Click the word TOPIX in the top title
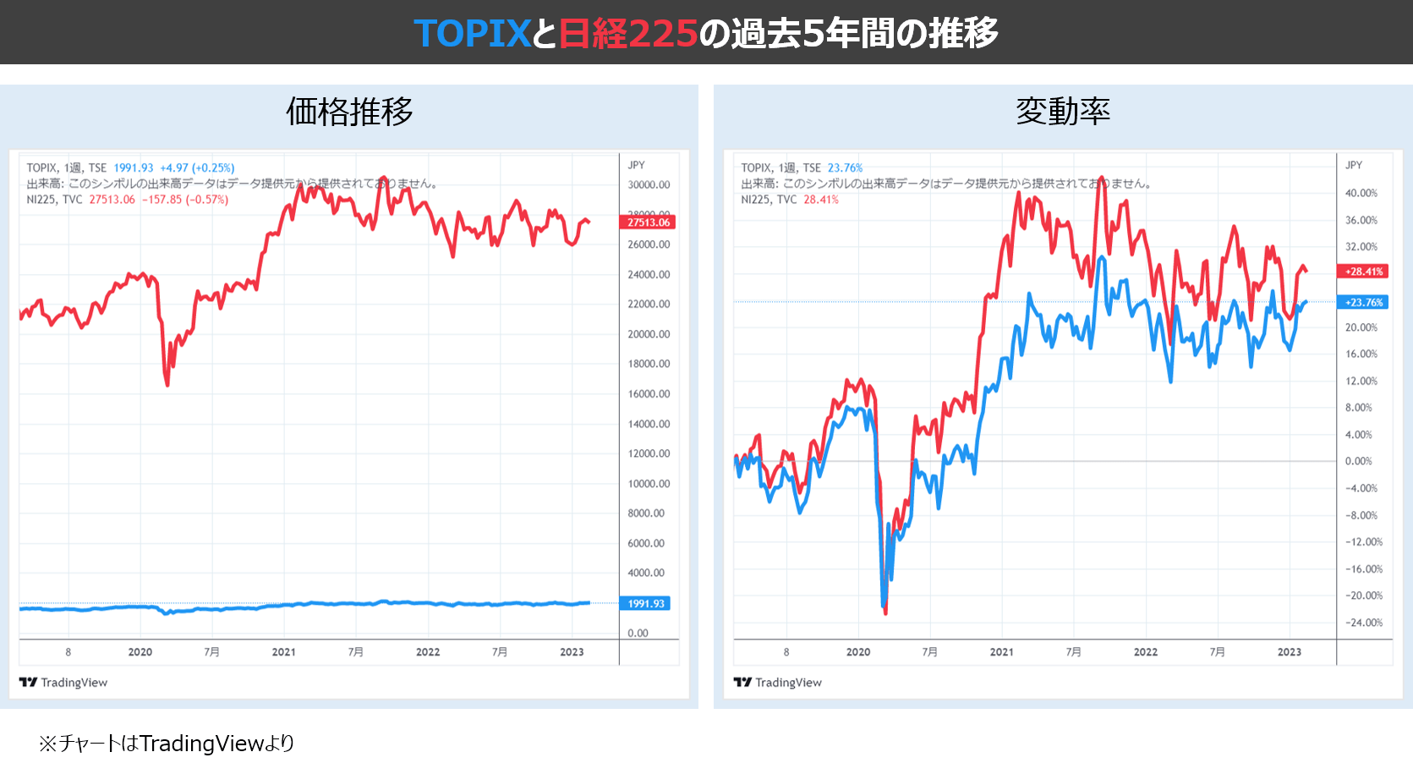pyautogui.click(x=472, y=34)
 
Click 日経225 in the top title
pyautogui.click(x=627, y=34)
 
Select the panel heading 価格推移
pyautogui.click(x=349, y=112)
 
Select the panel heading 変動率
pyautogui.click(x=1063, y=112)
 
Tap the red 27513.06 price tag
pyautogui.click(x=648, y=222)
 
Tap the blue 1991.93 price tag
pyautogui.click(x=646, y=603)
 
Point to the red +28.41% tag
pyautogui.click(x=1363, y=272)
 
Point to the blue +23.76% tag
pyautogui.click(x=1363, y=302)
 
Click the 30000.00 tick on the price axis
pyautogui.click(x=649, y=185)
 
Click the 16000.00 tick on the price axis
pyautogui.click(x=649, y=394)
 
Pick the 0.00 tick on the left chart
pyautogui.click(x=638, y=633)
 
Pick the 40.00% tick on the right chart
pyautogui.click(x=1361, y=193)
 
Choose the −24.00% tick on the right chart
pyautogui.click(x=1363, y=623)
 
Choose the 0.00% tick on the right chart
pyautogui.click(x=1359, y=461)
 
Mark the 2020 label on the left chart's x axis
pyautogui.click(x=140, y=652)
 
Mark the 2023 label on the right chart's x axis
pyautogui.click(x=1289, y=652)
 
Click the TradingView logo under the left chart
pyautogui.click(x=63, y=683)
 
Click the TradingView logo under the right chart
pyautogui.click(x=778, y=683)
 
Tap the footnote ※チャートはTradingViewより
pyautogui.click(x=167, y=744)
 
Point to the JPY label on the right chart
pyautogui.click(x=1354, y=165)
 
